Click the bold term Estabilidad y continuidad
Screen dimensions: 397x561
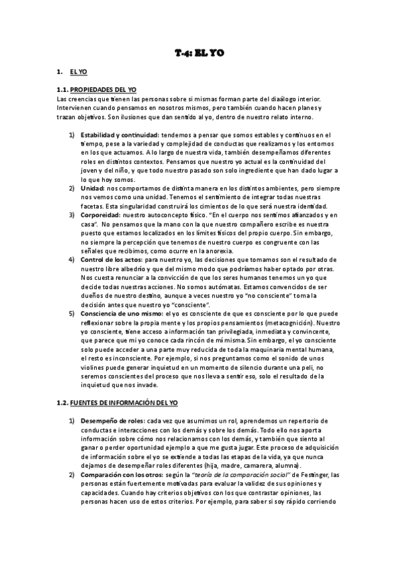click(115, 135)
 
